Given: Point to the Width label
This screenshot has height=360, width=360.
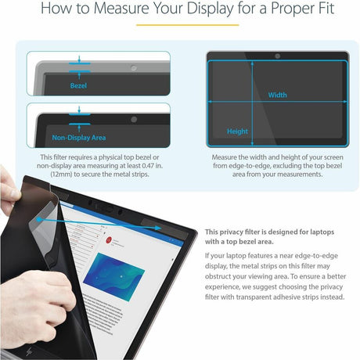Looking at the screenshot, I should (277, 95).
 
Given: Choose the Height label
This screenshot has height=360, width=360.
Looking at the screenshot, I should (237, 131).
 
